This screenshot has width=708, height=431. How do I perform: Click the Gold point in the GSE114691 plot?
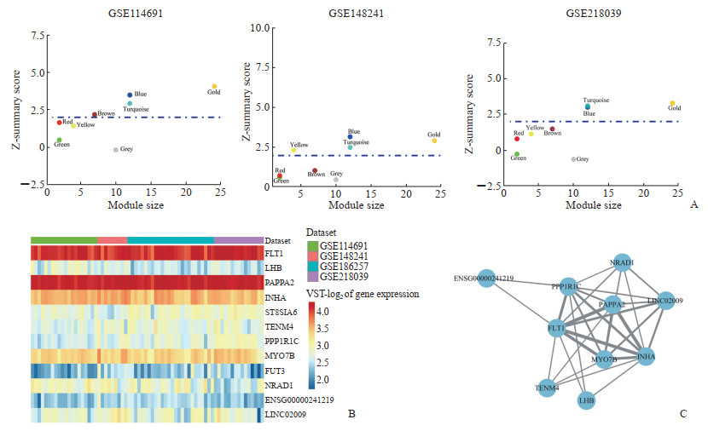click(x=214, y=86)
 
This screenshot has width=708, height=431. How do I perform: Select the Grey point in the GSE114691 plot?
click(x=115, y=150)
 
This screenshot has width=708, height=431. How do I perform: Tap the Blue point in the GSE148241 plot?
click(x=350, y=136)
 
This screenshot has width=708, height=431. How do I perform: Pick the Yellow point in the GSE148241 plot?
click(x=293, y=151)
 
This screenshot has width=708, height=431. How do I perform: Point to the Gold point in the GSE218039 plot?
click(x=672, y=103)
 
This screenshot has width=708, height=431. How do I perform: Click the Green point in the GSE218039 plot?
click(x=517, y=153)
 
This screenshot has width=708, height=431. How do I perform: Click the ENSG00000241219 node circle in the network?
click(x=487, y=278)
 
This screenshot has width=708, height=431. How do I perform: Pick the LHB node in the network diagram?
click(x=586, y=399)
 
